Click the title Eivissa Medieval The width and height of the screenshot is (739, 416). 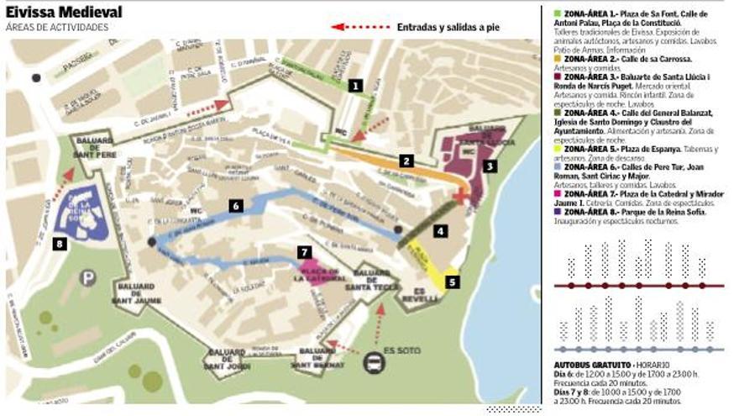coord(64,13)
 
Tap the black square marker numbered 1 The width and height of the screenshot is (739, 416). coord(356,85)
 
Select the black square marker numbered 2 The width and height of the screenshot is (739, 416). coord(406,161)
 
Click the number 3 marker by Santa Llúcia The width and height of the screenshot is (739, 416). coord(490,166)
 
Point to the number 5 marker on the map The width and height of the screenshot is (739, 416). coord(453,282)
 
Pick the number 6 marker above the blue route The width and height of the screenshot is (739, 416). coord(236,205)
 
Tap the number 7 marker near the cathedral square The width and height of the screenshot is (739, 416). coord(305,251)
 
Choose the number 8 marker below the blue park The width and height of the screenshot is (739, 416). coord(58,245)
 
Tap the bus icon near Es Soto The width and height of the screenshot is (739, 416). coord(373,362)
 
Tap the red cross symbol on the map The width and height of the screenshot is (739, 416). coord(461,195)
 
